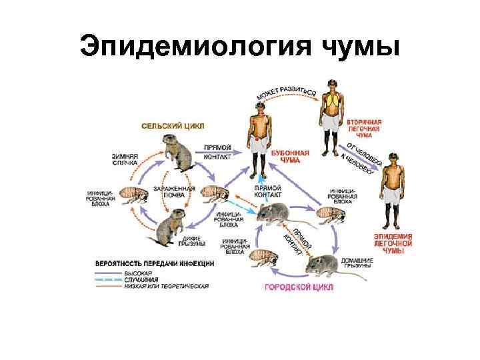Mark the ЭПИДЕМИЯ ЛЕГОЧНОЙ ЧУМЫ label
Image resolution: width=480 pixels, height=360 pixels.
click(393, 244)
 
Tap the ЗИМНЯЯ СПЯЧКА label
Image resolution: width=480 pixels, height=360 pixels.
click(125, 159)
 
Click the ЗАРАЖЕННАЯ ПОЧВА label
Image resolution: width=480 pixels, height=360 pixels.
click(174, 192)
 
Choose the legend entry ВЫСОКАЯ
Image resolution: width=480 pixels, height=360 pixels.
click(138, 273)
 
